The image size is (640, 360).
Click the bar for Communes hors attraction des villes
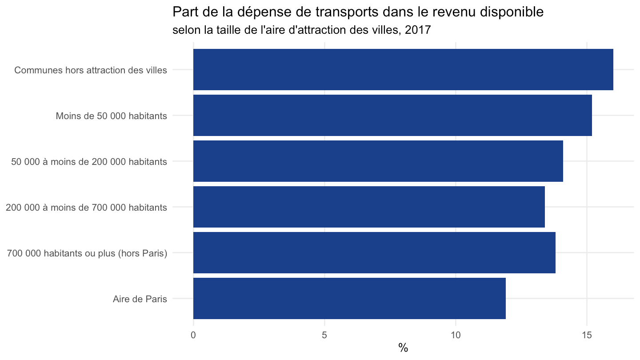[403, 69]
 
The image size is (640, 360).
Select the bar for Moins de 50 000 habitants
[392, 116]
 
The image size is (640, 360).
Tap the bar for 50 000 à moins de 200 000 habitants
[378, 161]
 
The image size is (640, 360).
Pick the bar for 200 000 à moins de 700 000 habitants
[369, 207]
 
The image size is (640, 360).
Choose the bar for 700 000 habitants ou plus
[374, 252]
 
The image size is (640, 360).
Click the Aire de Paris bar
[349, 298]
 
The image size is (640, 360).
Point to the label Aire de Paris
[140, 299]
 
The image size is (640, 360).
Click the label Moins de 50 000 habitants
[112, 116]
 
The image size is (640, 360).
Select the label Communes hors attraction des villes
[91, 70]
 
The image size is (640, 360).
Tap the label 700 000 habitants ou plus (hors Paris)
[87, 253]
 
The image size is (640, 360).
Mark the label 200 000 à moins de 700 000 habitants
[86, 208]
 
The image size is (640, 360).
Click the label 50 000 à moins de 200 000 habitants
[89, 162]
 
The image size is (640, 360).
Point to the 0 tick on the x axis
[193, 335]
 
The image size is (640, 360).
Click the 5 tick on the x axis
[324, 335]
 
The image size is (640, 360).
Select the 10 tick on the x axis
[456, 335]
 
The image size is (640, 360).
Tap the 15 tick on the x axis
[587, 335]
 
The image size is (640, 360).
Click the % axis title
[403, 348]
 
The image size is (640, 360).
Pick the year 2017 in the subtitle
[418, 30]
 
